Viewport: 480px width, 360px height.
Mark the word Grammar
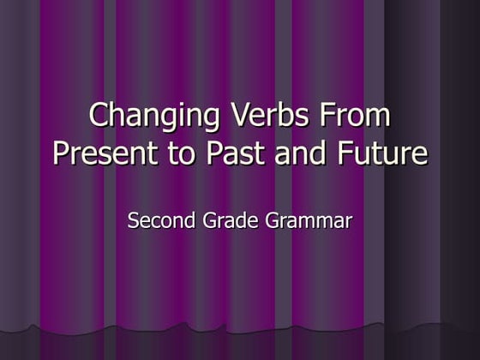pos(308,222)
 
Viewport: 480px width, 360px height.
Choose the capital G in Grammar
pos(272,220)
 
